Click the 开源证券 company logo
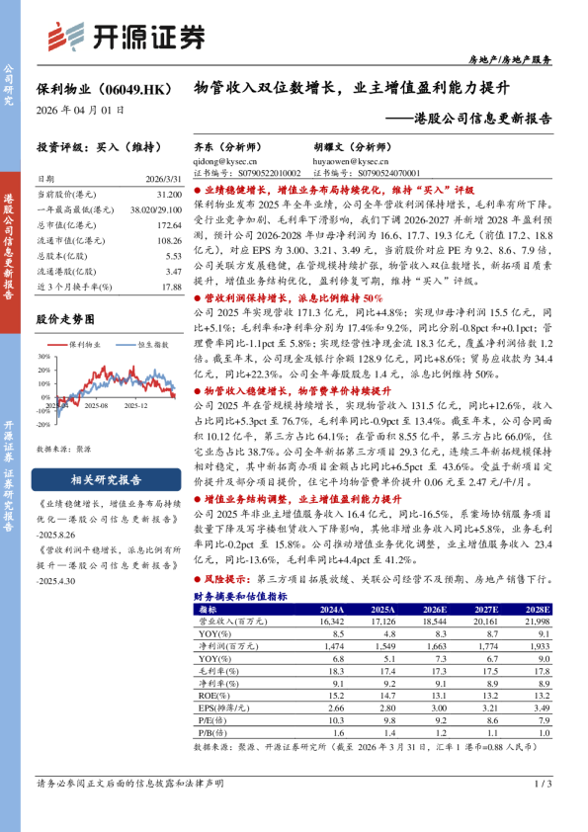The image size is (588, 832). point(126,37)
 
